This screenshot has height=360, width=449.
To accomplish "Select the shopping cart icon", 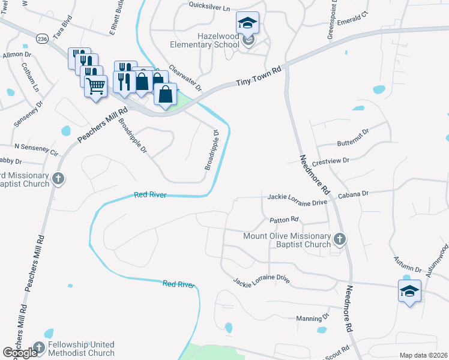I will tap(95, 87).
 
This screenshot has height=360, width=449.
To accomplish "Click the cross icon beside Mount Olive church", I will tap(339, 240).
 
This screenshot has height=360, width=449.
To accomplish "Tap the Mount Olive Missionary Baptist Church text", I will tap(287, 240).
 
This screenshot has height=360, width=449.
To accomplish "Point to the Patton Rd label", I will tap(284, 220).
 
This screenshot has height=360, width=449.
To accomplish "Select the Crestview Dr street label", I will tap(330, 161).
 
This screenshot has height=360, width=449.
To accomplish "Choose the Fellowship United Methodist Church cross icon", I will tap(39, 347).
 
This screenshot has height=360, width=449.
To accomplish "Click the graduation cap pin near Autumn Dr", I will tap(409, 292).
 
